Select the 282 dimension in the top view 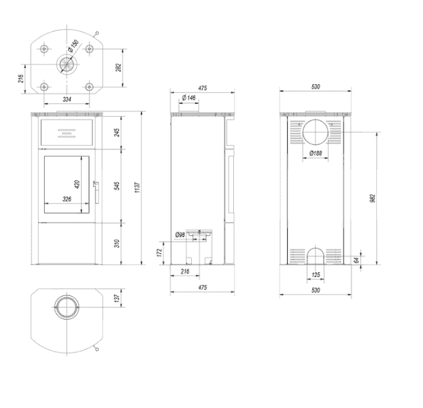[119, 68]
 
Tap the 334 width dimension [67, 100]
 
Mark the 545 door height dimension [118, 185]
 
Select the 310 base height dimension [118, 243]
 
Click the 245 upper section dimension [118, 132]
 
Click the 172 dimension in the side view [160, 253]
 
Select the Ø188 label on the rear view [315, 154]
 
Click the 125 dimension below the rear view [315, 275]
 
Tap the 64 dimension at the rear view [356, 260]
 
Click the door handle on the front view [96, 192]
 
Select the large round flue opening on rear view [315, 132]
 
